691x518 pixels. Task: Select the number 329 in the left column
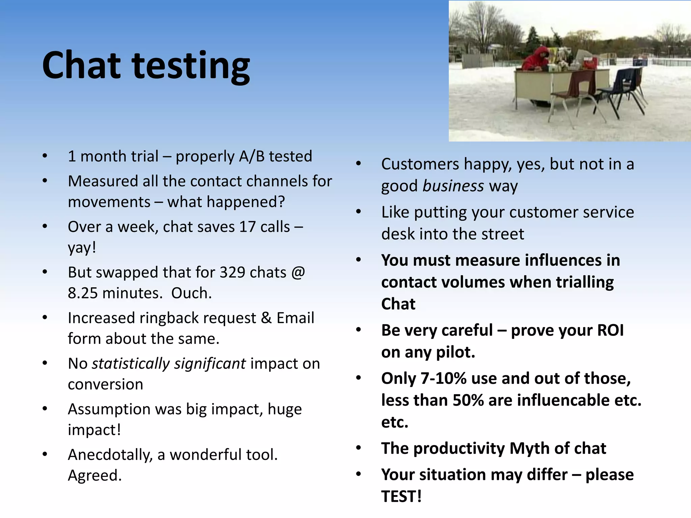pyautogui.click(x=232, y=272)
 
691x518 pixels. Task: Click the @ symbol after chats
pyautogui.click(x=298, y=272)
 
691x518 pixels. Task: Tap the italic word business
pyautogui.click(x=453, y=186)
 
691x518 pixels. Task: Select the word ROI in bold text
pyautogui.click(x=610, y=330)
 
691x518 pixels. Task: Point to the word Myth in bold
pyautogui.click(x=529, y=449)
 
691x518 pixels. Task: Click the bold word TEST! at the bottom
pyautogui.click(x=401, y=496)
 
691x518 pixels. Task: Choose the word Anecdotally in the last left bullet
pyautogui.click(x=110, y=455)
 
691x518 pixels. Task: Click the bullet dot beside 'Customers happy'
pyautogui.click(x=358, y=164)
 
